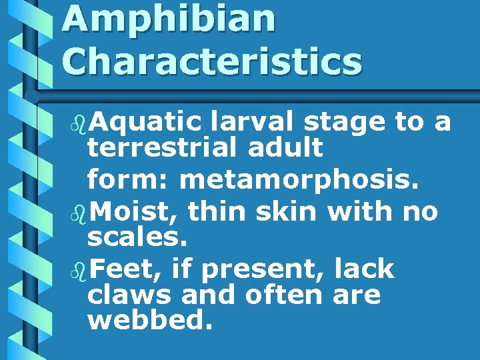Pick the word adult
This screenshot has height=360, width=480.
point(285,147)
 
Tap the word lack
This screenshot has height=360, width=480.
point(364,269)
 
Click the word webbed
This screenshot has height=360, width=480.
point(150,320)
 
